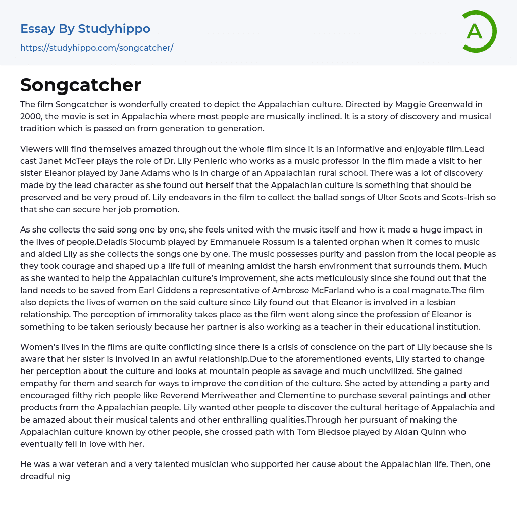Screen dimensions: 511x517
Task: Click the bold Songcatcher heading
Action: point(81,85)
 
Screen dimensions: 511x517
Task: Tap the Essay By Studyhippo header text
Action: point(85,29)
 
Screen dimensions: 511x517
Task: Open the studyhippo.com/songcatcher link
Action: point(96,48)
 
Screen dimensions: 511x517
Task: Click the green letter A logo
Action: point(475,31)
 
